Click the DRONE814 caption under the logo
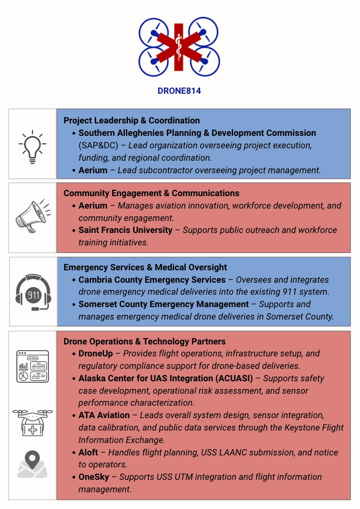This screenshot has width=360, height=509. click(x=179, y=90)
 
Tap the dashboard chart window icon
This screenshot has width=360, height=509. click(x=33, y=366)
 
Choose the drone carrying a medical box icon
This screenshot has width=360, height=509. click(x=32, y=421)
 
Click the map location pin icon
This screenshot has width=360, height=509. click(x=32, y=464)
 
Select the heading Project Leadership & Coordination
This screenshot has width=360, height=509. click(x=132, y=121)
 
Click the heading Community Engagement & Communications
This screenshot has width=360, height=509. click(x=151, y=193)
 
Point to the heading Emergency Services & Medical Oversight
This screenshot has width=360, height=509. click(x=145, y=267)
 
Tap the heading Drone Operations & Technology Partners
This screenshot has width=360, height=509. click(x=145, y=342)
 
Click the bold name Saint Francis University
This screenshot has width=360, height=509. click(x=125, y=230)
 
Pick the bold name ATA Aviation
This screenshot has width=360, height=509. click(x=104, y=415)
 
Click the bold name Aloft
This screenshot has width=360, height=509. click(x=88, y=453)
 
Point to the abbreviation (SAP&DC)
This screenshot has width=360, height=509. click(x=98, y=145)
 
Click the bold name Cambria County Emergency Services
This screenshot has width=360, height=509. click(x=152, y=280)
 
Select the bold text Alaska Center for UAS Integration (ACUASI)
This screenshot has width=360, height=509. click(x=166, y=378)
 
